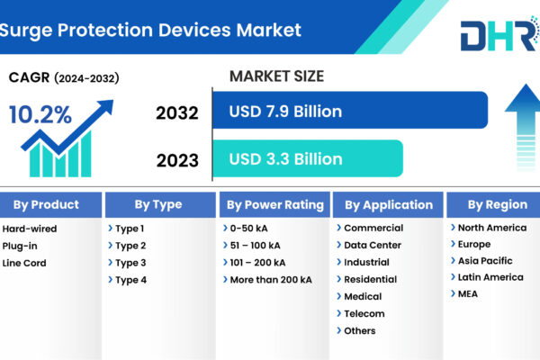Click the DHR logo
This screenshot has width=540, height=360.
pyautogui.click(x=500, y=35)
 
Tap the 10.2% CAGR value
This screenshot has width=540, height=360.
pyautogui.click(x=40, y=114)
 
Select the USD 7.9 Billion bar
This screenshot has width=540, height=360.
pyautogui.click(x=350, y=110)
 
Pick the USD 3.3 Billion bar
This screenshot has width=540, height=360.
pyautogui.click(x=308, y=158)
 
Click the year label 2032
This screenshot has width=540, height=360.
pyautogui.click(x=177, y=113)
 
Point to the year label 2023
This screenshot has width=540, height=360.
pyautogui.click(x=177, y=160)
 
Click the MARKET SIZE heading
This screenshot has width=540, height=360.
pyautogui.click(x=276, y=76)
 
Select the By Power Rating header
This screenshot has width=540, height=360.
pyautogui.click(x=274, y=204)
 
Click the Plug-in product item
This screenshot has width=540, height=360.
pyautogui.click(x=20, y=246)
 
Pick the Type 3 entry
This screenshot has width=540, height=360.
pyautogui.click(x=130, y=263)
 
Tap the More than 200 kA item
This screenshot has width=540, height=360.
pyautogui.click(x=271, y=280)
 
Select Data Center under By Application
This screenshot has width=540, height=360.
pyautogui.click(x=373, y=246)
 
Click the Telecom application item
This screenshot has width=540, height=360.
pyautogui.click(x=364, y=314)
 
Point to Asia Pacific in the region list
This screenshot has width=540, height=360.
pyautogui.click(x=485, y=261)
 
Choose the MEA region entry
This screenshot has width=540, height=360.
pyautogui.click(x=468, y=294)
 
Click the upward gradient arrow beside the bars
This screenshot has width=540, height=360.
pyautogui.click(x=524, y=128)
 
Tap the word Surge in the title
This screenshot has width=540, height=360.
pyautogui.click(x=26, y=31)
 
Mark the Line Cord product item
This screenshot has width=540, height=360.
pyautogui.click(x=24, y=263)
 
